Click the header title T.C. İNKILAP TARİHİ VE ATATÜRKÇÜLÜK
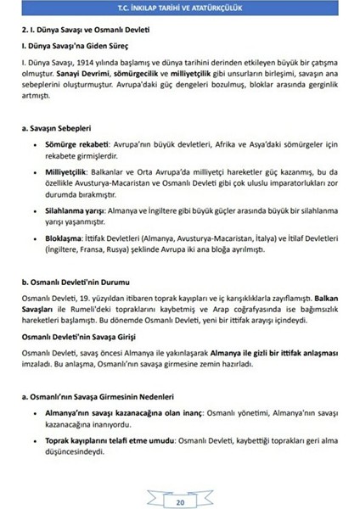180,8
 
